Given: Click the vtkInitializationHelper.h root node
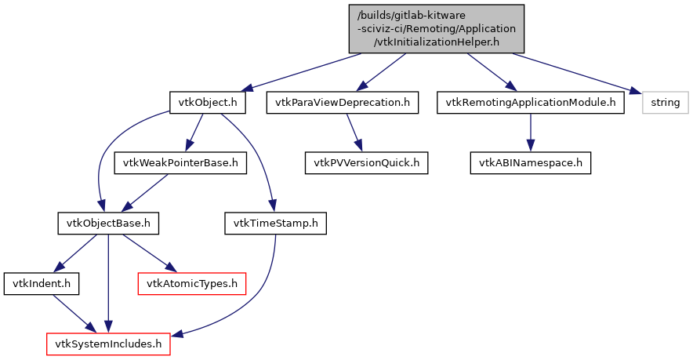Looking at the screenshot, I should (x=436, y=28).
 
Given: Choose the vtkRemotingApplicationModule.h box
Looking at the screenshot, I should (x=531, y=103).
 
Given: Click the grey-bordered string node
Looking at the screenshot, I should (x=665, y=103).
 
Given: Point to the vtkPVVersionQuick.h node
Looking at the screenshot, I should (x=367, y=163).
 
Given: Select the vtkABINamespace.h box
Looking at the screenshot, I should (x=531, y=163).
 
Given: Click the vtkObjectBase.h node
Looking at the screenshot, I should (x=108, y=224).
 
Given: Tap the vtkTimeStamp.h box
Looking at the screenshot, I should (x=275, y=224).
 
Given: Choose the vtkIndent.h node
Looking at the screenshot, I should (x=32, y=283).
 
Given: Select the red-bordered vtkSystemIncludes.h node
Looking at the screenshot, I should (x=108, y=344).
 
